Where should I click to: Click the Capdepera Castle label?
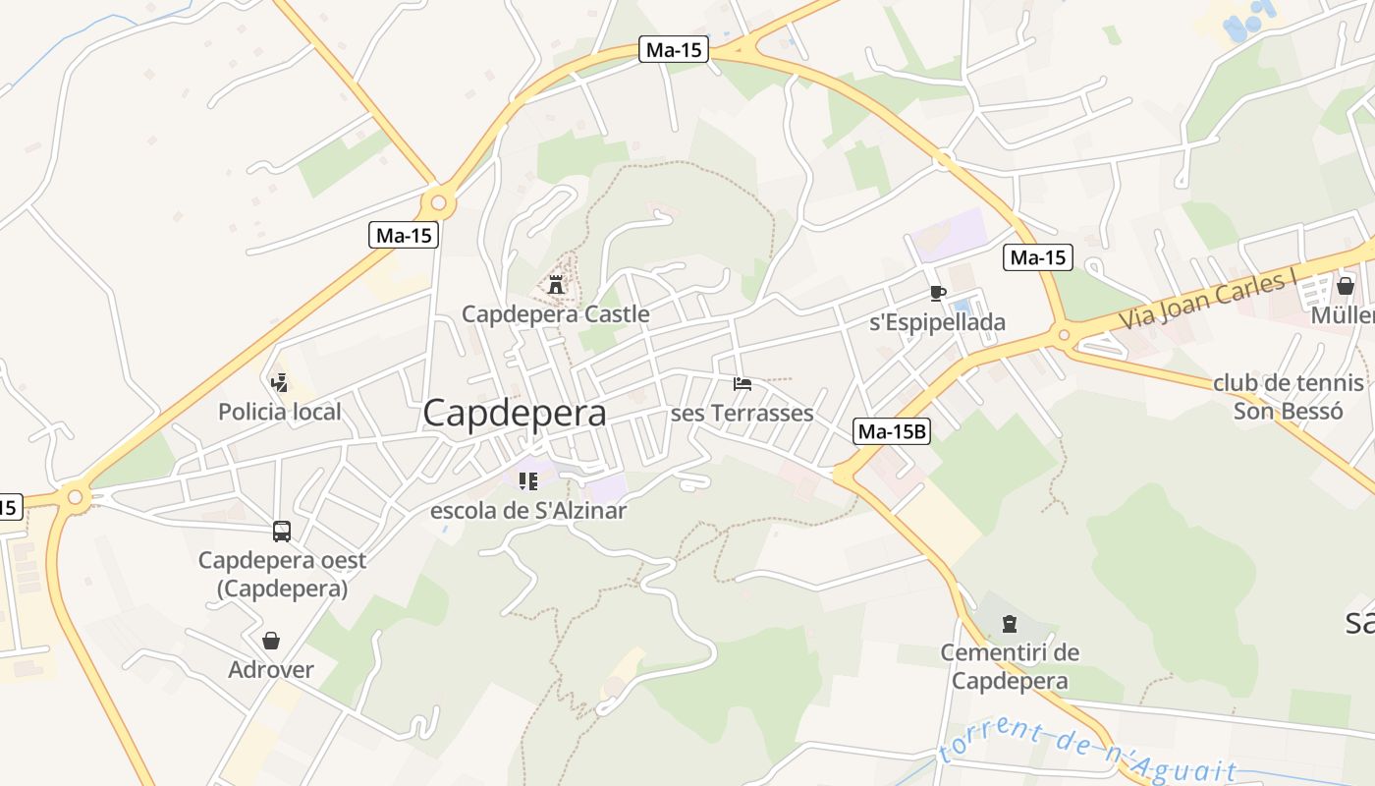[555, 314]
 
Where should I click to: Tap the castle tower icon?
[556, 286]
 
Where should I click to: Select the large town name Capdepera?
[514, 414]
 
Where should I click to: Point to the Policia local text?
[280, 412]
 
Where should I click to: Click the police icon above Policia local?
[280, 382]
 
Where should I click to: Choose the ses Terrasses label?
[742, 414]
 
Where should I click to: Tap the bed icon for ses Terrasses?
[742, 383]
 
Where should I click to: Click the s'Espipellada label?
[938, 322]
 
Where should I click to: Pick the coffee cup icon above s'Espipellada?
[937, 293]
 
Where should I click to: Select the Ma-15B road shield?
[892, 431]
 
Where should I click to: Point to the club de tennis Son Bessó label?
[1288, 397]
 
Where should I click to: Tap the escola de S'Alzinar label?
[527, 511]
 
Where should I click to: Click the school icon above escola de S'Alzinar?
[528, 481]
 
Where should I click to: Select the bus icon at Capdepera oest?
[282, 532]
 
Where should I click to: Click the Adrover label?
[271, 670]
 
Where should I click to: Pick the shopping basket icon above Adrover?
[271, 641]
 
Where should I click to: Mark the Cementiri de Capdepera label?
[1010, 666]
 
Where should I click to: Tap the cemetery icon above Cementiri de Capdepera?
[1009, 624]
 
